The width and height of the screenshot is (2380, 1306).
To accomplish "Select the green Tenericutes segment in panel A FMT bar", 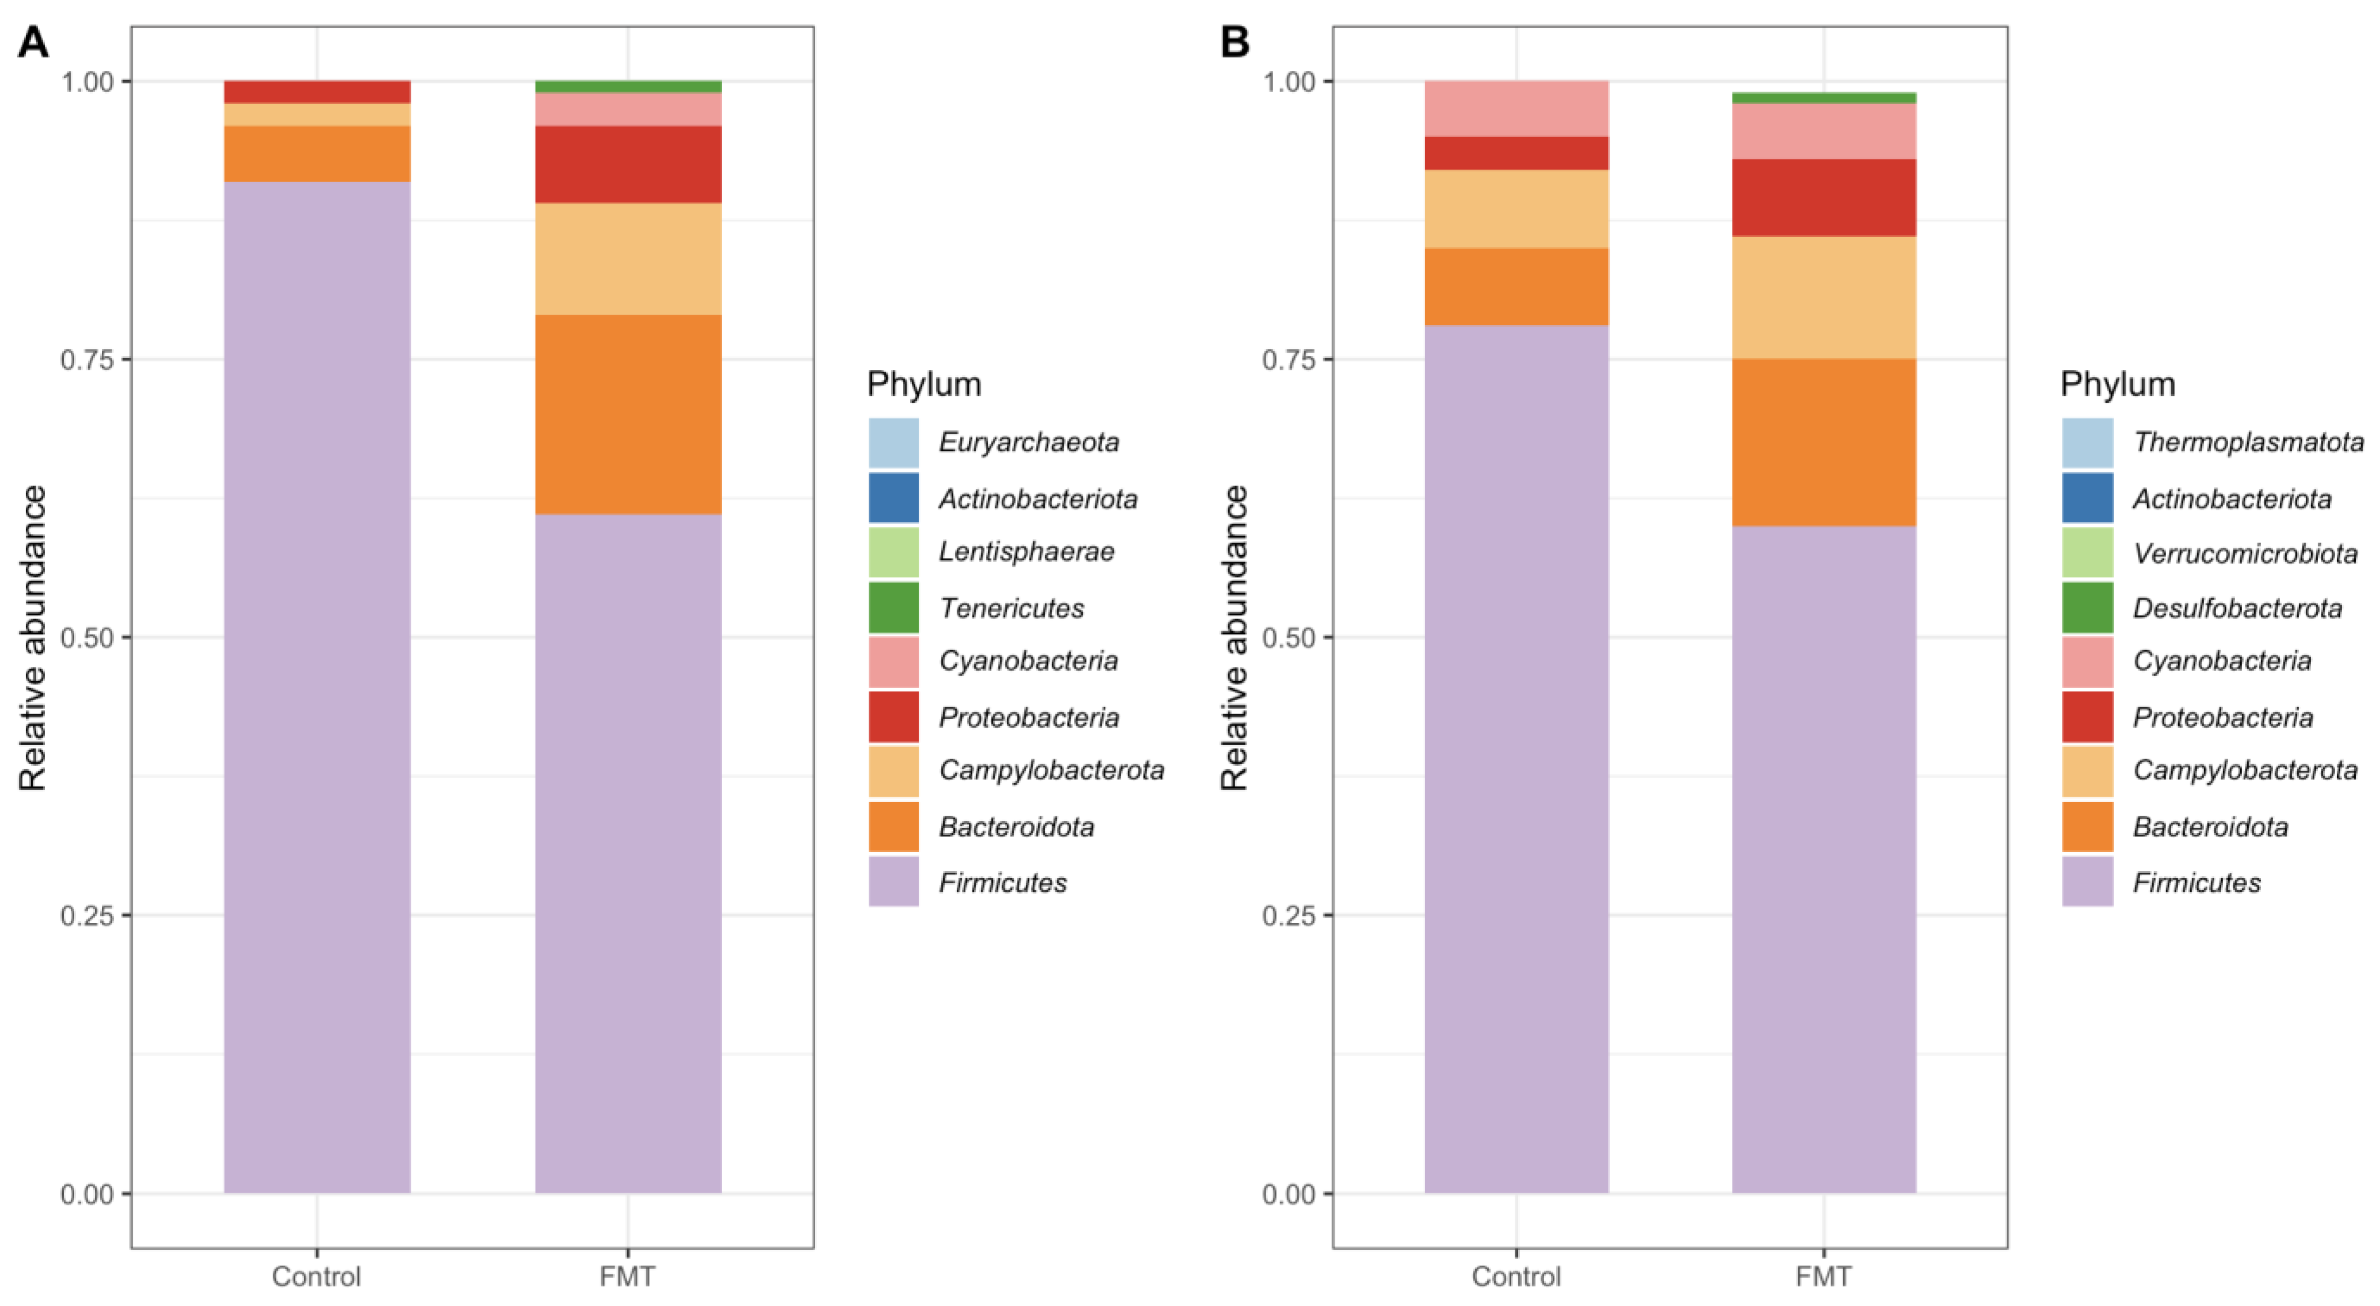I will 628,87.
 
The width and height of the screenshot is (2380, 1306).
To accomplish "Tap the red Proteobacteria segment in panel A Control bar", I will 317,91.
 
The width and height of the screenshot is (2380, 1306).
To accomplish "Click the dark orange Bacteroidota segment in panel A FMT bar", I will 628,414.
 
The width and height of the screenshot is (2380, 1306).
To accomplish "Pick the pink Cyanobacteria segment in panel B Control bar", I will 1516,108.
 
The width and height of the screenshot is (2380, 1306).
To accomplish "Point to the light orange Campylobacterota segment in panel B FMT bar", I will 1823,297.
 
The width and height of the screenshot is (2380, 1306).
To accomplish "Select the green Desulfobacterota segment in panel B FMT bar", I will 1823,98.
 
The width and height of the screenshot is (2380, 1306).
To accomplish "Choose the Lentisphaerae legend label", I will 1026,552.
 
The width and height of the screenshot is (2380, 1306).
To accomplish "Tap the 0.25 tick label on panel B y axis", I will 1288,915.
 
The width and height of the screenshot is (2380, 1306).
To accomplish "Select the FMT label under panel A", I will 627,1277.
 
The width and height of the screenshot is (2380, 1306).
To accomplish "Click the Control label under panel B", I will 1515,1277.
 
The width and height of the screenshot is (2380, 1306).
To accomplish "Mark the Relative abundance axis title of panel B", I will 1235,637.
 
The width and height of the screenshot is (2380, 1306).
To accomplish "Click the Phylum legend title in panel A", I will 924,384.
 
